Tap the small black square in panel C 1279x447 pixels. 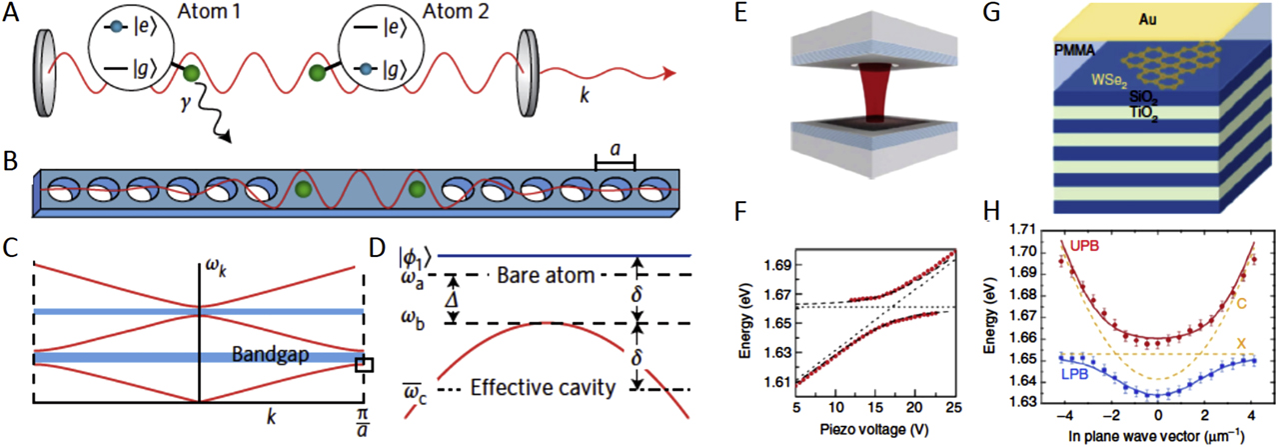point(364,366)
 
